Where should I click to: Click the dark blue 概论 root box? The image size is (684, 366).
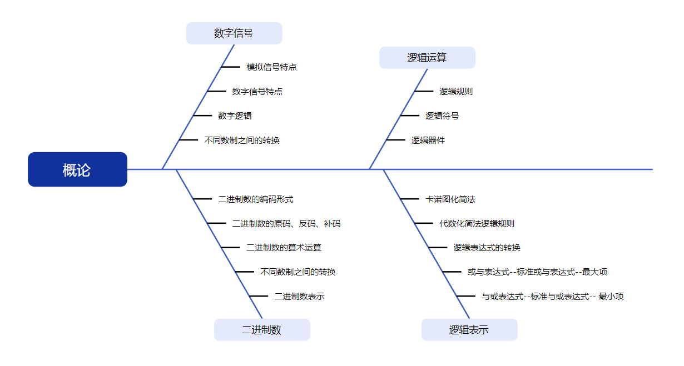(77, 169)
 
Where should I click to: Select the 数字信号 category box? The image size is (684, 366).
(234, 33)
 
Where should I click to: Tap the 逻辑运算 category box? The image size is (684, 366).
(427, 58)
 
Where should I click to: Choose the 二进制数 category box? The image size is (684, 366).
(262, 330)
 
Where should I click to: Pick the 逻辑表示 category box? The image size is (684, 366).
(469, 330)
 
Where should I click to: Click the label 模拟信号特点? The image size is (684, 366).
(271, 67)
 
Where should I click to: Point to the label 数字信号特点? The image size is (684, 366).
(257, 92)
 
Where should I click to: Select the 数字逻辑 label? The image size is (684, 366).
(235, 116)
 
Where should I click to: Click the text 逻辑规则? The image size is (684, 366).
(456, 92)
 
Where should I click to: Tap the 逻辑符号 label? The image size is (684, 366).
(442, 116)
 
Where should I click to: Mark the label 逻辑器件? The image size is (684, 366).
(428, 141)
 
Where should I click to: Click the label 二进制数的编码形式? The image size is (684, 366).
(256, 199)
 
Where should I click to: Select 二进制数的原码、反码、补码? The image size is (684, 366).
(286, 224)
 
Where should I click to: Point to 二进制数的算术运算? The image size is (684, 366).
(284, 248)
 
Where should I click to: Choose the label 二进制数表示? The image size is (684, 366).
(299, 297)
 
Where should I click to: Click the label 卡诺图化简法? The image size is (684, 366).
(450, 199)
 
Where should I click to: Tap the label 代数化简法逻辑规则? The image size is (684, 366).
(477, 224)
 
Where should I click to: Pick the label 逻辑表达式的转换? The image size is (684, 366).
(487, 248)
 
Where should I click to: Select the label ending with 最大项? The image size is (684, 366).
(537, 272)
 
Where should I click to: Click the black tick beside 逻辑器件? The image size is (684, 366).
(396, 140)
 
